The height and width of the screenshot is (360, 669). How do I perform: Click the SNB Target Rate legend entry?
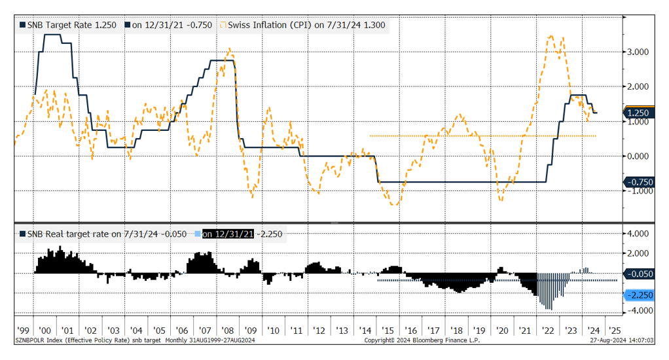click(68, 25)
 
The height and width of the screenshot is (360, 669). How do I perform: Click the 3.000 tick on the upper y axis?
click(638, 52)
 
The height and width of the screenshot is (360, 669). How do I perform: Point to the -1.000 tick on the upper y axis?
click(638, 190)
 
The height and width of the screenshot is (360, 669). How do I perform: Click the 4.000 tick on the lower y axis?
click(638, 234)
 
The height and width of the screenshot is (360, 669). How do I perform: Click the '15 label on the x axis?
click(388, 331)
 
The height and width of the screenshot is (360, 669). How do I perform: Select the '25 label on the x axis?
click(615, 331)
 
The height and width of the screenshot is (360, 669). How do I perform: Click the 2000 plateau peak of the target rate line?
click(52, 35)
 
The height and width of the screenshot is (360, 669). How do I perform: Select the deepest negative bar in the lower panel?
click(549, 309)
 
